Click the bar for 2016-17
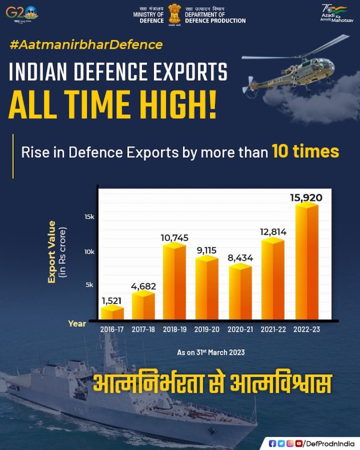tap(112, 313)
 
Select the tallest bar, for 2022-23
tap(307, 261)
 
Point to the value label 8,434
tap(240, 258)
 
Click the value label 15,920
tap(306, 197)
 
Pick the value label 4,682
tap(144, 286)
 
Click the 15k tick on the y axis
tap(89, 217)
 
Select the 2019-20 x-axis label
tap(207, 330)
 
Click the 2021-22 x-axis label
tap(274, 330)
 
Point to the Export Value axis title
tap(52, 252)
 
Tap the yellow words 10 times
tap(305, 152)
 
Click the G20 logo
tap(22, 12)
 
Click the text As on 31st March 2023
tap(211, 353)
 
